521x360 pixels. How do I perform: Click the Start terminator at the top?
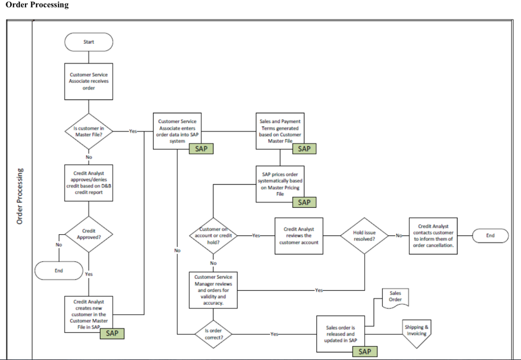tap(89, 42)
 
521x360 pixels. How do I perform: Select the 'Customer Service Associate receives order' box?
tap(89, 81)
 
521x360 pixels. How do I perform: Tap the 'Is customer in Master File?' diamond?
tap(89, 131)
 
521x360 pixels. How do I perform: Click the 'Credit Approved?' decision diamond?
tap(89, 234)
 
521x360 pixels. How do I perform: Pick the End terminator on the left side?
tap(59, 270)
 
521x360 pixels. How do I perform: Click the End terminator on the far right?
tap(490, 236)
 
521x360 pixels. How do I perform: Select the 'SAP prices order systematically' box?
tap(280, 184)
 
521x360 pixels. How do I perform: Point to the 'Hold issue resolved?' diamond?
tap(364, 236)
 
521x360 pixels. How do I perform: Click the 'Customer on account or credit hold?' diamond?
tap(213, 236)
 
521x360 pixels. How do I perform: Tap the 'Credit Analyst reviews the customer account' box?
tap(299, 236)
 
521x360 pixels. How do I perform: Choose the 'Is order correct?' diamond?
tap(213, 334)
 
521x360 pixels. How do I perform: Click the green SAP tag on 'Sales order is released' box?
tap(364, 352)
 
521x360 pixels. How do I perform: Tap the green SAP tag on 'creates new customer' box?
tap(112, 334)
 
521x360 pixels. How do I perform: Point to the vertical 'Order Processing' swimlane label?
tap(20, 196)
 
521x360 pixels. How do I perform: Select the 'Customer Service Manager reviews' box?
tap(213, 290)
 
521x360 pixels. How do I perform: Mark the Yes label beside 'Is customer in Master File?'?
tap(133, 131)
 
